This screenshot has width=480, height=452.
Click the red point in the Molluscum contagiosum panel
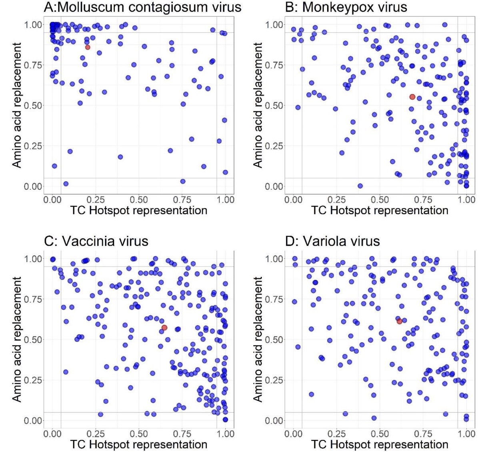(88, 47)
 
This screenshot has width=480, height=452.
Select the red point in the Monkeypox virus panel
(412, 97)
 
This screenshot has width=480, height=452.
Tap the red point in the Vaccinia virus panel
(164, 328)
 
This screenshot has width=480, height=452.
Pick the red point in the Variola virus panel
(400, 321)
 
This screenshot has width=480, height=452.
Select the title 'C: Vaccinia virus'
(96, 241)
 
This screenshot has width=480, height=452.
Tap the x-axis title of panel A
(139, 211)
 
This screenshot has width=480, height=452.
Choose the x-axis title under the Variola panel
(380, 444)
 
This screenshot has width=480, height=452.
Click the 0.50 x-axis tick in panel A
(139, 200)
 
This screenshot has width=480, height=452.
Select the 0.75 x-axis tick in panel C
(182, 434)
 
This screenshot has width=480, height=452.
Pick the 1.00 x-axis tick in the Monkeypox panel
(466, 200)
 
